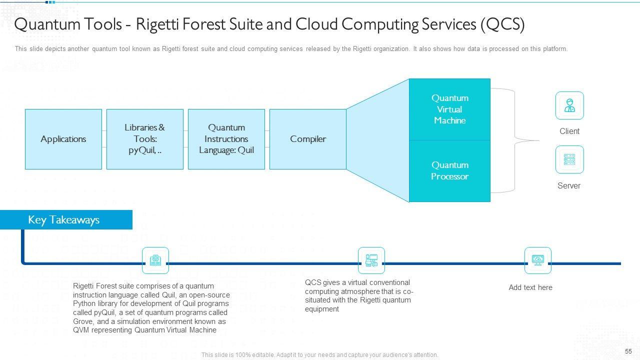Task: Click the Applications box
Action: click(63, 139)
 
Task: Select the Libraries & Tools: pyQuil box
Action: click(145, 139)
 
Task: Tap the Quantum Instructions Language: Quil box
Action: click(226, 139)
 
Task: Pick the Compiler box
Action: click(307, 139)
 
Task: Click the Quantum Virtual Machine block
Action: click(449, 109)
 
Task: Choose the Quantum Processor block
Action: click(449, 171)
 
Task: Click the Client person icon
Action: click(569, 105)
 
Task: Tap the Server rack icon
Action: click(569, 159)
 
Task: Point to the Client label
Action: click(569, 131)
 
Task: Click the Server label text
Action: click(569, 185)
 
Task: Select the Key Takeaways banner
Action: click(66, 219)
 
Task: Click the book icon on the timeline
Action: click(155, 260)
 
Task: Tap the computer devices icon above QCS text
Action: click(371, 260)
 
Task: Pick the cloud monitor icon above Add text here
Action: click(537, 260)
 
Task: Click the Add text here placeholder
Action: click(530, 287)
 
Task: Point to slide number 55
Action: click(628, 351)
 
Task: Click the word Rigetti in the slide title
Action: click(157, 24)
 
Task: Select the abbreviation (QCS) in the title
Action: click(502, 24)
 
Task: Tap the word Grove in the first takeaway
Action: click(83, 321)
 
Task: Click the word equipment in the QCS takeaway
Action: click(321, 309)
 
